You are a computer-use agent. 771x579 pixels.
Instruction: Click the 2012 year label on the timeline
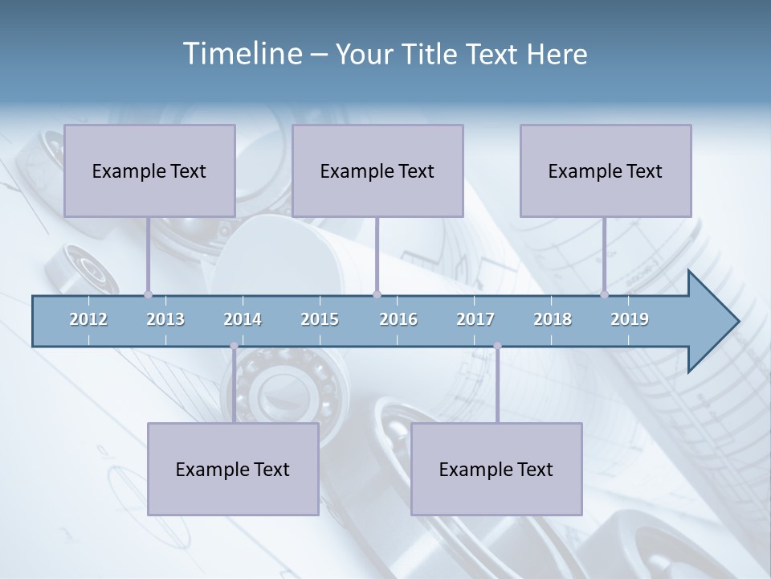(88, 319)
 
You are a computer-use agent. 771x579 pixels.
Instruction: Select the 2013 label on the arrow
(165, 319)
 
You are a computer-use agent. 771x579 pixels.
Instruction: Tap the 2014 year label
(243, 319)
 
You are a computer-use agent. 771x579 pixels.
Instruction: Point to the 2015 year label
(320, 319)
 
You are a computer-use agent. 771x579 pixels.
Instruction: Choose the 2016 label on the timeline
(398, 319)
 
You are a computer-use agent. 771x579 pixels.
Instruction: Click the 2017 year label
(475, 319)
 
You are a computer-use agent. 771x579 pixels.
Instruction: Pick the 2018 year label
(553, 319)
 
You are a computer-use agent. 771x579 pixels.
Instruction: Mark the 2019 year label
(630, 319)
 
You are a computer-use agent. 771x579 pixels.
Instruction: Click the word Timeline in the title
(242, 54)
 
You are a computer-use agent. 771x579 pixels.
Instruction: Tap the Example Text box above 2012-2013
(149, 170)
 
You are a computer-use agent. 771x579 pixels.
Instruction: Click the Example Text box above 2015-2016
(377, 170)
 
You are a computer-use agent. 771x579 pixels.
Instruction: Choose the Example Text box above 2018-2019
(606, 170)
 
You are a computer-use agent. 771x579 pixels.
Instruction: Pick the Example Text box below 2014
(233, 469)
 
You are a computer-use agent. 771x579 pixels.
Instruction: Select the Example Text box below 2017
(496, 469)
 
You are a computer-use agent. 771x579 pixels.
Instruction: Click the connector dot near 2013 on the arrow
(148, 294)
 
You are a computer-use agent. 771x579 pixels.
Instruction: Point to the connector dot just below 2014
(234, 346)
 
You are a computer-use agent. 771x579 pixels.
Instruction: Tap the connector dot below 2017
(497, 346)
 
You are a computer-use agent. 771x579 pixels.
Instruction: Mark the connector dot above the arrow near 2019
(604, 294)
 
